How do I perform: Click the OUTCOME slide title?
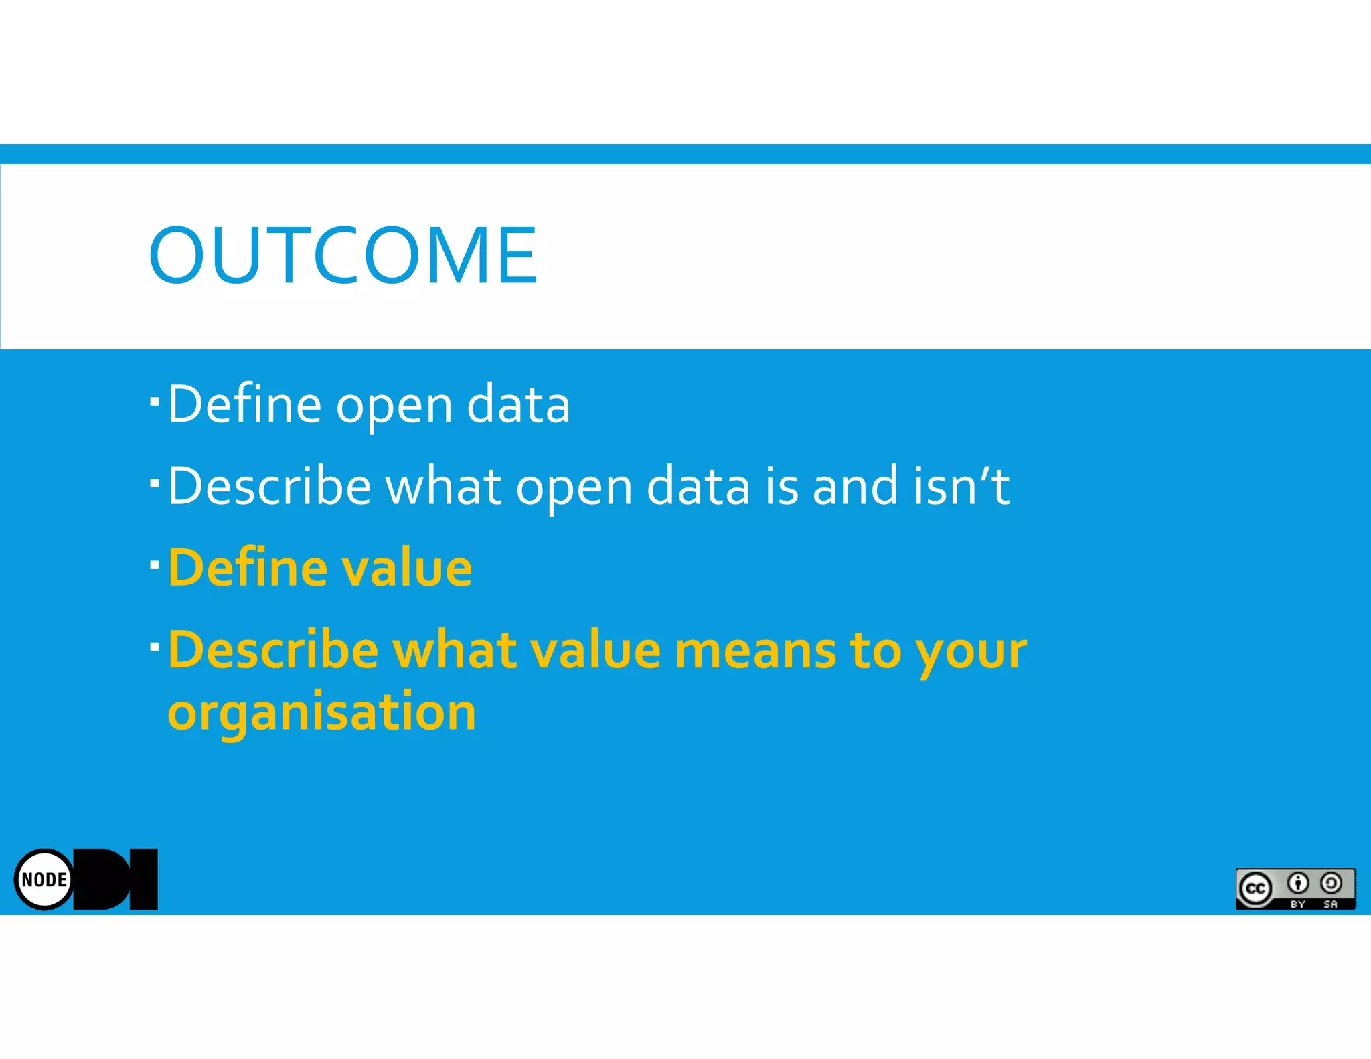click(343, 254)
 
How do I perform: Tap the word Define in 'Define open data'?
click(244, 404)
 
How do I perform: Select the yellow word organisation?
click(321, 712)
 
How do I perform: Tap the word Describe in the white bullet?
click(269, 486)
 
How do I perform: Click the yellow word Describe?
click(273, 651)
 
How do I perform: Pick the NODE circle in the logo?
click(44, 880)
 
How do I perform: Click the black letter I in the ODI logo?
click(143, 880)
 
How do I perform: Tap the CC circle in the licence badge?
click(1255, 889)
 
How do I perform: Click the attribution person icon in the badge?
click(1297, 884)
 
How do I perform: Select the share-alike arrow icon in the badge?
click(1331, 884)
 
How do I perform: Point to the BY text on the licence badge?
click(1297, 904)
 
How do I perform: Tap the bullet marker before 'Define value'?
click(155, 565)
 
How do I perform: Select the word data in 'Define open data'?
click(518, 404)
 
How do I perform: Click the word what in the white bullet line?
click(443, 486)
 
